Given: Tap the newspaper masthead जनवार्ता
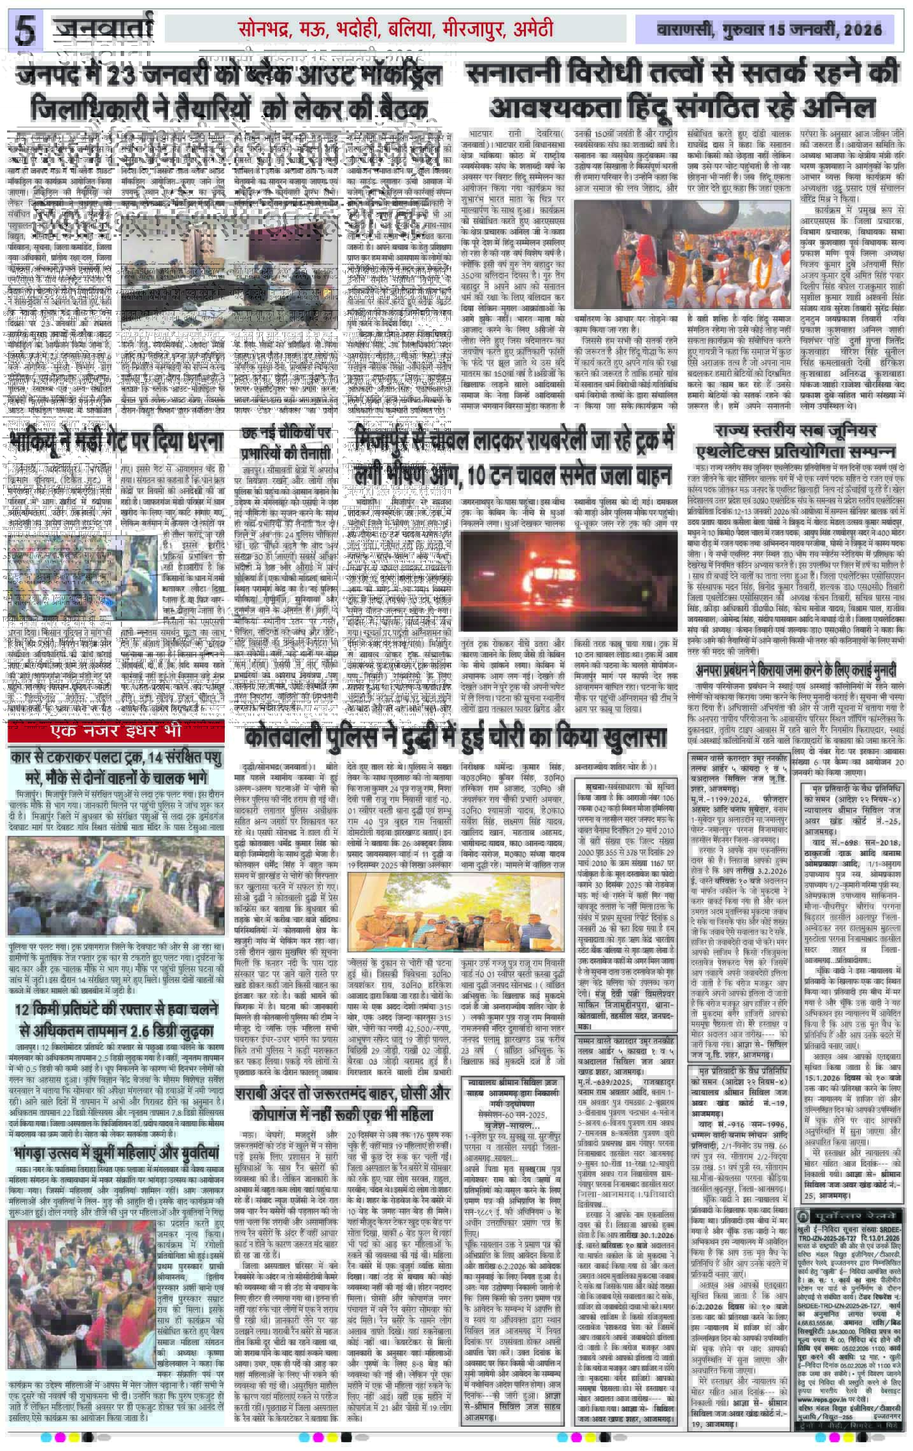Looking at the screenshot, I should (104, 29).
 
